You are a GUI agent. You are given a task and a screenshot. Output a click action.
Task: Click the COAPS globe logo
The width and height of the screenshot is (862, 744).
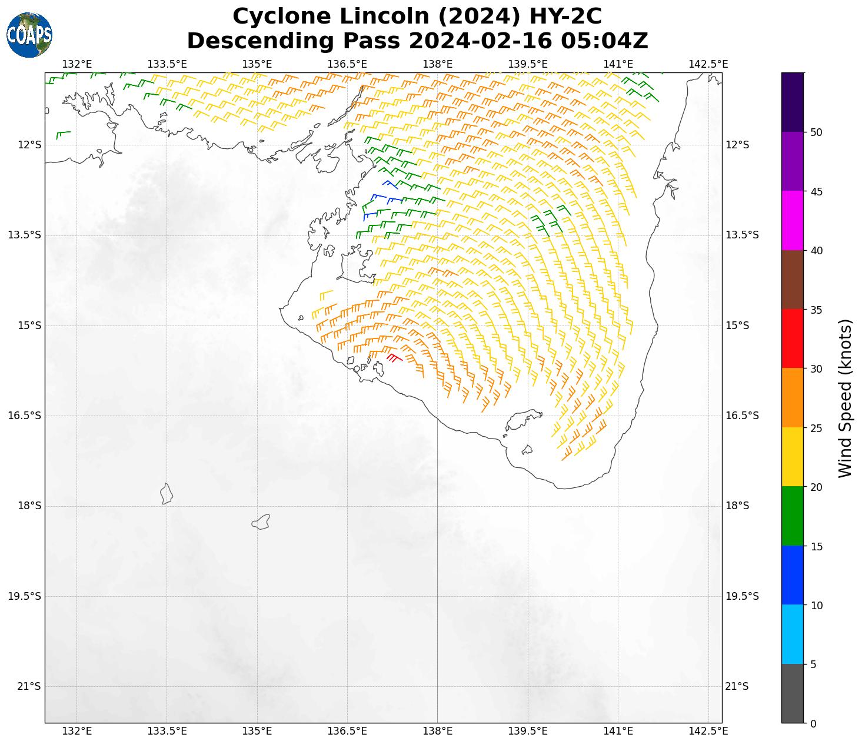point(29,35)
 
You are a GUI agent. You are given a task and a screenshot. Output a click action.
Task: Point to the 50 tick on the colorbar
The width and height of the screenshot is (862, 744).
point(816,132)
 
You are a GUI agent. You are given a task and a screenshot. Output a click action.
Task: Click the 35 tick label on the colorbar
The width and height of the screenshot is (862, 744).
point(816,310)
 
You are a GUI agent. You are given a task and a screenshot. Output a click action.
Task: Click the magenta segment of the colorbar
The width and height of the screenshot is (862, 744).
point(793,221)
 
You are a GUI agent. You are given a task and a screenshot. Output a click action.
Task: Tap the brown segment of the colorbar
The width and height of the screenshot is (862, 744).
point(793,280)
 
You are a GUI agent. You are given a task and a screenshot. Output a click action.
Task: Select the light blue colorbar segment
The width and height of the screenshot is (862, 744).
point(793,635)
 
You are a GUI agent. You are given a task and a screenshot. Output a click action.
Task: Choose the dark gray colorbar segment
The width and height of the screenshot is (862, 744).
point(793,693)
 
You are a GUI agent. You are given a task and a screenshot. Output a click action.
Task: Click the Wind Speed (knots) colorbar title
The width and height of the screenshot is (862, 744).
point(845,398)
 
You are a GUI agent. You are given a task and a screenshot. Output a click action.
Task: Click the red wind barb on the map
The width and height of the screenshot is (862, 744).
point(394,357)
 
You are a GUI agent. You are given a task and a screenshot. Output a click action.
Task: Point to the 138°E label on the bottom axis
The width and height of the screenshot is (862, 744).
point(437,731)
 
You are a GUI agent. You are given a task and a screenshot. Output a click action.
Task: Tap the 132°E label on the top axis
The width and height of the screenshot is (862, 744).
point(76,64)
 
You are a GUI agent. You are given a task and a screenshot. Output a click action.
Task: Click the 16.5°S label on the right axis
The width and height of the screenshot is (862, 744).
point(742,416)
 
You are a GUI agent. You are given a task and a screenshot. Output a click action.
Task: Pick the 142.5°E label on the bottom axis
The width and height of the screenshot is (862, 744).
point(708,731)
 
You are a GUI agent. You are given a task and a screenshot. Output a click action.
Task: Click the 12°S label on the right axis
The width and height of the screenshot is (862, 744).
point(737,145)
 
